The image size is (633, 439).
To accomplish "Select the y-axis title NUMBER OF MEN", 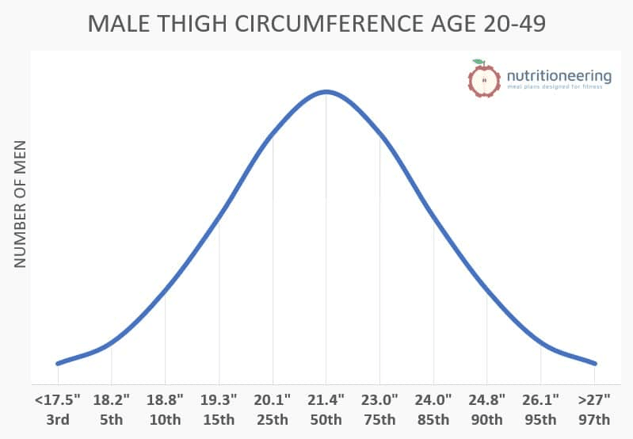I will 21,204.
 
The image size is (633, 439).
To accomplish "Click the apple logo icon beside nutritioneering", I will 482,78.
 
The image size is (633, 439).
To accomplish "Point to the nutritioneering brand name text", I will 559,76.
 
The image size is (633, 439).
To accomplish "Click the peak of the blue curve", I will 326,91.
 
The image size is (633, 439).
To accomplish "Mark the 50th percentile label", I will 326,419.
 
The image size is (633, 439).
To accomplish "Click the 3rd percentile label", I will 57,419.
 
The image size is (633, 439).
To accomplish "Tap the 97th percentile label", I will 594,419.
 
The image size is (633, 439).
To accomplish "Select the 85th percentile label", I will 433,419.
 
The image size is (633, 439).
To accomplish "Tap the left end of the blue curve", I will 58,363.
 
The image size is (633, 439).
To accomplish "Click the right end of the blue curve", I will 594,363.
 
